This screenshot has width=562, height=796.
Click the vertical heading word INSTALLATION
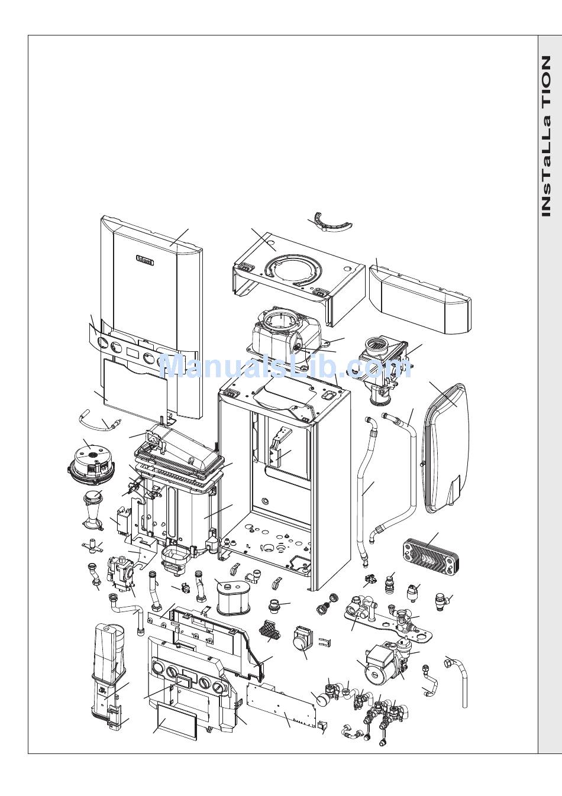547,136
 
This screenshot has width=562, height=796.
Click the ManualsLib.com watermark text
284,367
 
